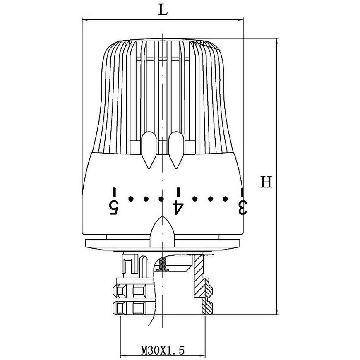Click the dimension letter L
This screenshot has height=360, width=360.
[x=163, y=10]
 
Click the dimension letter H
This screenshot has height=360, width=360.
[x=266, y=182]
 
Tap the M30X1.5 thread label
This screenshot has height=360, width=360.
[x=163, y=350]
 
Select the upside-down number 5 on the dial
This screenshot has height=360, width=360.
[x=114, y=208]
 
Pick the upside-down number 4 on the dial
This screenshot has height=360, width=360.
[x=178, y=208]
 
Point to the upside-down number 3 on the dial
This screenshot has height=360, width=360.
[x=242, y=208]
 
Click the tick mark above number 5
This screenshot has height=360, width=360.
[x=114, y=192]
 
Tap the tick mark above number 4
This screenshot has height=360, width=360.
[x=178, y=192]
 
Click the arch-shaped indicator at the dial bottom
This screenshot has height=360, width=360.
[x=162, y=231]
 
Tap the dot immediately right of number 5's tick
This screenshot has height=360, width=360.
[x=131, y=199]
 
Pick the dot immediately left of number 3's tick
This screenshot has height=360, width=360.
[x=225, y=199]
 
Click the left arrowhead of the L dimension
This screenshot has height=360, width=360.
[x=85, y=20]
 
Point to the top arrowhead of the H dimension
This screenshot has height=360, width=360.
[x=277, y=42]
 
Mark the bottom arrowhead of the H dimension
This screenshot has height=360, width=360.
[x=277, y=311]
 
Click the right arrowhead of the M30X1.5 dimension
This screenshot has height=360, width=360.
[x=202, y=355]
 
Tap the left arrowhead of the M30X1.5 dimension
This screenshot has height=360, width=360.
[x=124, y=355]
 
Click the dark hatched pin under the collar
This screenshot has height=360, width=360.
[x=163, y=264]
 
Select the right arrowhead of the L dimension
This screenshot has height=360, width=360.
[x=240, y=20]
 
